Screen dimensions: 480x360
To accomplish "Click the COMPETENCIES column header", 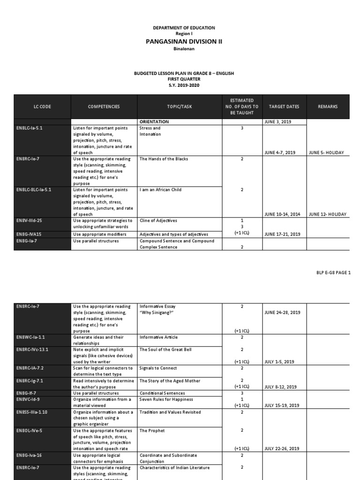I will [104, 107].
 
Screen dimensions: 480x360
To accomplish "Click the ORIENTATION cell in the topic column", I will [154, 122].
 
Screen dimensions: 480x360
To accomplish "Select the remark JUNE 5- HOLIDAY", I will [327, 153].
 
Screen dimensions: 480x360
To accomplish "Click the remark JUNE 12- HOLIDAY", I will [328, 214].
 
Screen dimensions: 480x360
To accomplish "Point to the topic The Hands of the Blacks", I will [164, 159].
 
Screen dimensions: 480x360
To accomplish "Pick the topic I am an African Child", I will [159, 190].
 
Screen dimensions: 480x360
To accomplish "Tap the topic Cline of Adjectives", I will [158, 220].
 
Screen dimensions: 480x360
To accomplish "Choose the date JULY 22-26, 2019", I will [282, 449].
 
